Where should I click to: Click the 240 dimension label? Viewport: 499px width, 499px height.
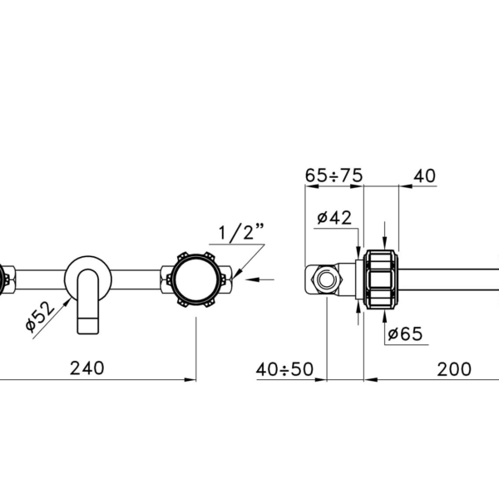(x=86, y=368)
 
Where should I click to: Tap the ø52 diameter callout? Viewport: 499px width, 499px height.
(x=40, y=316)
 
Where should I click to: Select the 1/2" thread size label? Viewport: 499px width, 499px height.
(x=241, y=232)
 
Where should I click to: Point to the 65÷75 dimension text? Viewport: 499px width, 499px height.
(x=333, y=175)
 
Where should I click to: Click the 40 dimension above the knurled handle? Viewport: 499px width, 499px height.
(x=424, y=175)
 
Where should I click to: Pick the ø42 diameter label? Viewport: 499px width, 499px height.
(x=334, y=218)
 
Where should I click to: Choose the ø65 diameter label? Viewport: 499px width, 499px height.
(x=406, y=333)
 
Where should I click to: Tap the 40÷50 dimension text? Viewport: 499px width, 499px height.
(x=284, y=369)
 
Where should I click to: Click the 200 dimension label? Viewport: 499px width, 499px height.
(x=454, y=369)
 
